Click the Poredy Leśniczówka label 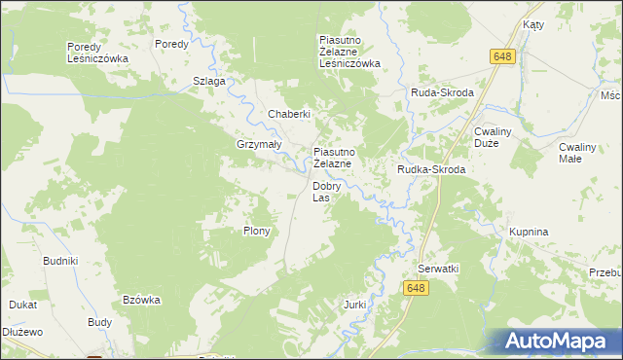[97, 53]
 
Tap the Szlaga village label [209, 81]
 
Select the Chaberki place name [289, 114]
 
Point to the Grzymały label [259, 144]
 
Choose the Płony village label [256, 232]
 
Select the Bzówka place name [141, 300]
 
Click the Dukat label [23, 305]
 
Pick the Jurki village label [354, 305]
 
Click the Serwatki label [438, 268]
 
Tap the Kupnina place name [529, 233]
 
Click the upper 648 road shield [502, 57]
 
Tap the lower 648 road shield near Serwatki [416, 288]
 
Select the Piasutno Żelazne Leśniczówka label [349, 53]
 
